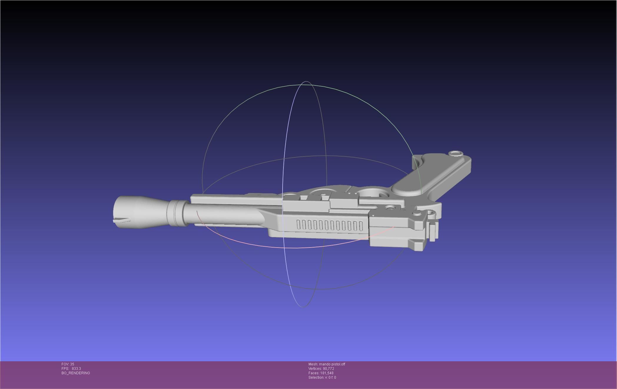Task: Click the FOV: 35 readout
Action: click(x=68, y=364)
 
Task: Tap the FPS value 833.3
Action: click(x=76, y=369)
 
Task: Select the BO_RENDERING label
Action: click(x=76, y=373)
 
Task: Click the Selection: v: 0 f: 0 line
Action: click(x=322, y=378)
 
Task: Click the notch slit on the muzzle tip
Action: click(x=121, y=220)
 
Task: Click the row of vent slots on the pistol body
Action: click(x=330, y=225)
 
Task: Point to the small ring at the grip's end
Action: click(x=456, y=153)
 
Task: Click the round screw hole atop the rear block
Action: click(x=390, y=208)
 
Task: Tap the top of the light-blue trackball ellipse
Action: click(x=306, y=82)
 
